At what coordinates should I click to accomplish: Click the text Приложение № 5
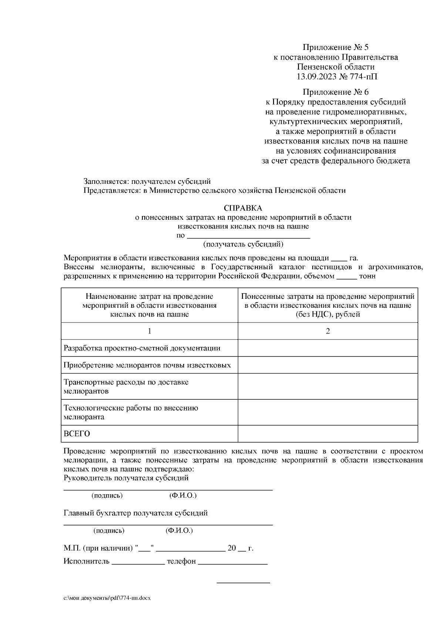pos(336,47)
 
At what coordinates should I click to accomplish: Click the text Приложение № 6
pos(336,92)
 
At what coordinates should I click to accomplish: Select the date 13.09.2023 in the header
pos(315,77)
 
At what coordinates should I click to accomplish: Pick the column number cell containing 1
pos(149,331)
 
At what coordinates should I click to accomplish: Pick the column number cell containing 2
pos(327,331)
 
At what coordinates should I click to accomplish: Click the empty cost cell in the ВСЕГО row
pos(327,433)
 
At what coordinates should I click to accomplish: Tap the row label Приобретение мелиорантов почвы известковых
pos(147,365)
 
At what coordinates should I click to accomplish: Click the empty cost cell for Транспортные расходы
pos(327,386)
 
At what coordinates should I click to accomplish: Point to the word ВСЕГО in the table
pos(77,434)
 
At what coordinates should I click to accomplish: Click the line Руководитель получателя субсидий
pos(126,478)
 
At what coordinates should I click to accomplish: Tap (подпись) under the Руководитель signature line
pos(107,496)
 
